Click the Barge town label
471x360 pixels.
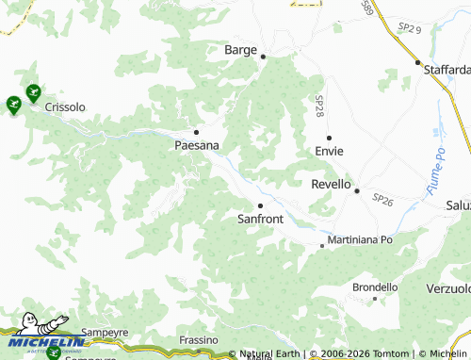pyautogui.click(x=240, y=50)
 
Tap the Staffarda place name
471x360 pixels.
pyautogui.click(x=447, y=70)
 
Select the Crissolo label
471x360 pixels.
pyautogui.click(x=65, y=107)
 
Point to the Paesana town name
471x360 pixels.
pyautogui.click(x=197, y=146)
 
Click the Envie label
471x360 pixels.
pyautogui.click(x=329, y=151)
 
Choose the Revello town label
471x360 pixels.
pyautogui.click(x=331, y=185)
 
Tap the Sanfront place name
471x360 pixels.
pyautogui.click(x=260, y=219)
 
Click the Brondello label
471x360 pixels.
pyautogui.click(x=375, y=286)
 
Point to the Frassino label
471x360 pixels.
pyautogui.click(x=199, y=339)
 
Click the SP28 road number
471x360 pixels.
pyautogui.click(x=318, y=106)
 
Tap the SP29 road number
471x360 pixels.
pyautogui.click(x=408, y=30)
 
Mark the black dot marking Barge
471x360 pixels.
pyautogui.click(x=264, y=57)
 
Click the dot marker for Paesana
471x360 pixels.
pyautogui.click(x=196, y=132)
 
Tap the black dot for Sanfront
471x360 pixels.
pyautogui.click(x=260, y=205)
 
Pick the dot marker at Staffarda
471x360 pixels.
pyautogui.click(x=418, y=62)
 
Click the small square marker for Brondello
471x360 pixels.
pyautogui.click(x=375, y=299)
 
